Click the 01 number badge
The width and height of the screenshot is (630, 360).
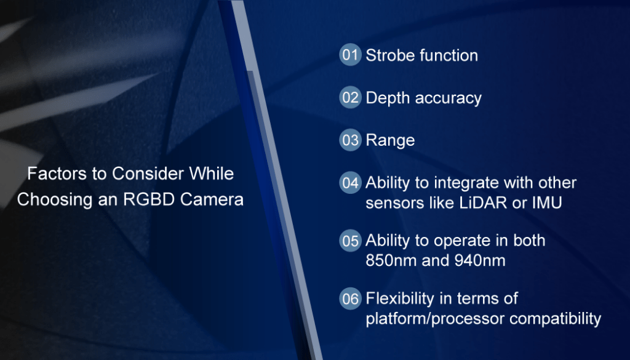click(350, 55)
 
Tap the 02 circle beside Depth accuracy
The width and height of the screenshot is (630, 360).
click(350, 97)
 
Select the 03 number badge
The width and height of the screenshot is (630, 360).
click(350, 140)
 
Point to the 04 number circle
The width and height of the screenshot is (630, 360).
click(350, 183)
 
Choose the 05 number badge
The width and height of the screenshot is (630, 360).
click(350, 240)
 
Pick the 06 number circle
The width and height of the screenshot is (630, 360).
click(350, 298)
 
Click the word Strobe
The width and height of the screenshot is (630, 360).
click(388, 55)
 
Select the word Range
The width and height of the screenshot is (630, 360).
click(390, 141)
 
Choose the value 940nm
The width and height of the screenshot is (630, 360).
click(480, 260)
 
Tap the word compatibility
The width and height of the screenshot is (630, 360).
click(556, 319)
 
